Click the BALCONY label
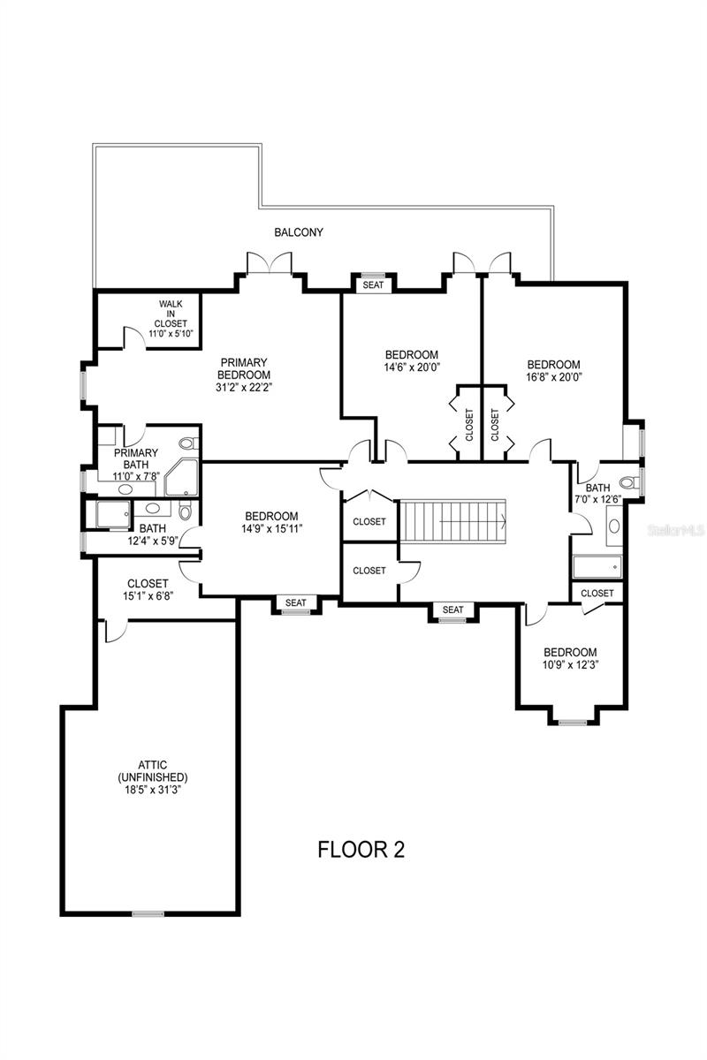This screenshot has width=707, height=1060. [x=299, y=231]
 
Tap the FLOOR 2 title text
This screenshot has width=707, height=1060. [x=361, y=850]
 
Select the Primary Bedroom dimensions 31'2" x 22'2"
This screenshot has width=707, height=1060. [x=244, y=387]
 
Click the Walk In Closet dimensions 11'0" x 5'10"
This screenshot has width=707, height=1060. [x=171, y=333]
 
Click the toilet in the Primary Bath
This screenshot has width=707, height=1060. [x=188, y=443]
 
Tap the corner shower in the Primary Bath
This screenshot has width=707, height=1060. [x=181, y=477]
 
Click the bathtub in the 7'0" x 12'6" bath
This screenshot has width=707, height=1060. [x=597, y=566]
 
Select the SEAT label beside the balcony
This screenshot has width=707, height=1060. [x=373, y=284]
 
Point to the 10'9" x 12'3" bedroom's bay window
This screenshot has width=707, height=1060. [x=573, y=723]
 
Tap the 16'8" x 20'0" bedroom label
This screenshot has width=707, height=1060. [x=553, y=370]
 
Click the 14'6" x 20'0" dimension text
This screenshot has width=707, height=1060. [x=412, y=367]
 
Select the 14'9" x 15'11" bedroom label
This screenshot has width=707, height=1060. [x=271, y=522]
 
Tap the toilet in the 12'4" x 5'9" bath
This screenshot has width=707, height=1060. [x=186, y=512]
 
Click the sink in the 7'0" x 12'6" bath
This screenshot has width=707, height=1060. [x=614, y=526]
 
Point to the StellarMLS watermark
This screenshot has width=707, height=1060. [x=676, y=531]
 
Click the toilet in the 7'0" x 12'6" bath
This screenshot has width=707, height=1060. [x=629, y=482]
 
